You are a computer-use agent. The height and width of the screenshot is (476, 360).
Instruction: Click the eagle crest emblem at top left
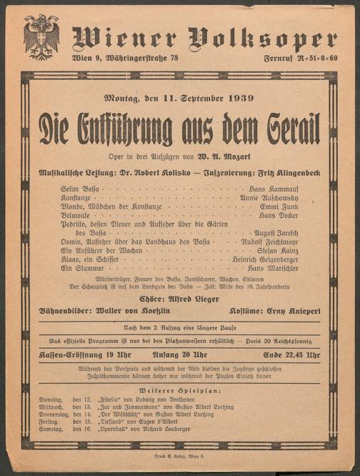(41, 36)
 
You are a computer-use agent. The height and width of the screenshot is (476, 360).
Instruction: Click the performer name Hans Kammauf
(264, 188)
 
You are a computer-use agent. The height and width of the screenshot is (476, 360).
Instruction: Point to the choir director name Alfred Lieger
(196, 299)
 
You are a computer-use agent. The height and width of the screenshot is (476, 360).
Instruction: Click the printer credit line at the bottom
(181, 455)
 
